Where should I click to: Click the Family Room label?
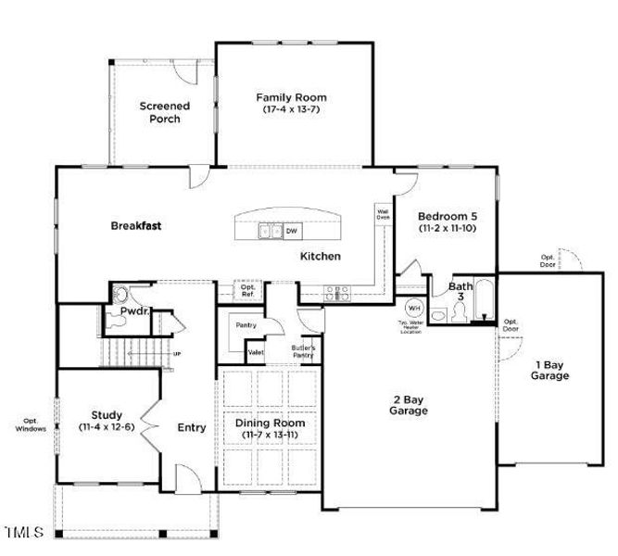(x=291, y=103)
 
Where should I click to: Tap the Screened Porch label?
(x=165, y=112)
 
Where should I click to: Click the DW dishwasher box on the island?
(x=291, y=231)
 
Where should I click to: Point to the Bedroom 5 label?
(x=447, y=221)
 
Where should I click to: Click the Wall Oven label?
(x=383, y=214)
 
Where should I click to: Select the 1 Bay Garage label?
(x=549, y=370)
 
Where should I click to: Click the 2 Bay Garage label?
(x=408, y=404)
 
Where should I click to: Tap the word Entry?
(x=192, y=427)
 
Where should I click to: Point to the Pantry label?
(x=246, y=325)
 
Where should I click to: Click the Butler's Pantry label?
(x=303, y=351)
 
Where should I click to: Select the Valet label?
(x=256, y=352)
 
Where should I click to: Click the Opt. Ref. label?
(x=248, y=291)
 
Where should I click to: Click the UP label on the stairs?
(x=177, y=353)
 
